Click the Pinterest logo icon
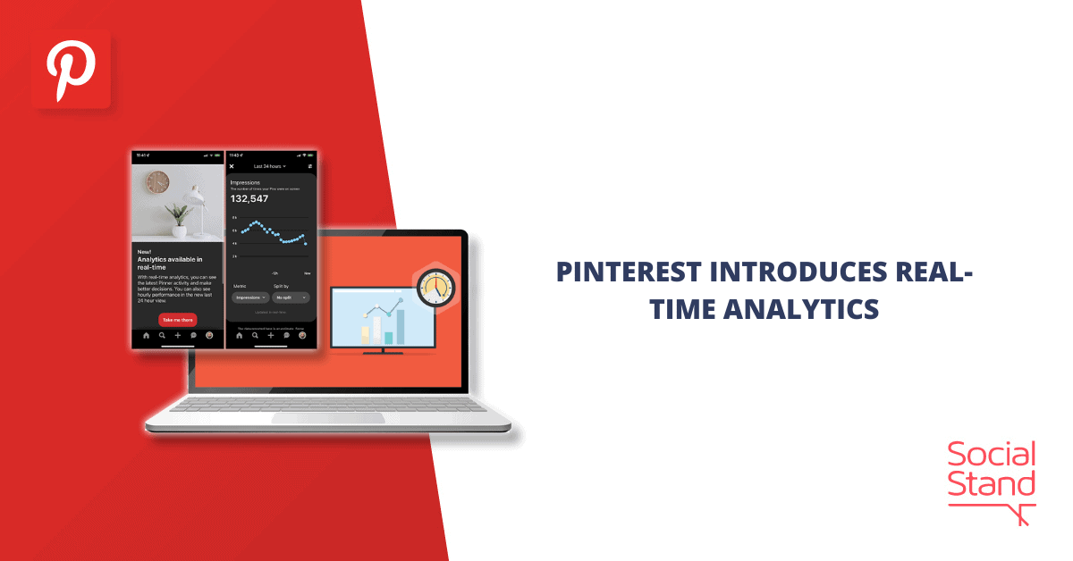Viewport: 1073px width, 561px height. coord(71,70)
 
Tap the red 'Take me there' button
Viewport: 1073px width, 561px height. coord(177,319)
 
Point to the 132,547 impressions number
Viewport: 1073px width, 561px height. coord(249,199)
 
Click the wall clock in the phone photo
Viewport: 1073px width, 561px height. coord(157,182)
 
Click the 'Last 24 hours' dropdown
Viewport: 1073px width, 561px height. coord(268,166)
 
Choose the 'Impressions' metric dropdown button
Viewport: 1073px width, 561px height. coord(250,297)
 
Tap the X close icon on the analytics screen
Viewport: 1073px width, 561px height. coord(232,166)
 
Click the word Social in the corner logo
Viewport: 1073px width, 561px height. coord(993,456)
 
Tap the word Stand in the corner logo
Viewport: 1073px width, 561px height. coord(993,486)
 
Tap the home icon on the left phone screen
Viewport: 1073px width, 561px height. coord(146,336)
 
